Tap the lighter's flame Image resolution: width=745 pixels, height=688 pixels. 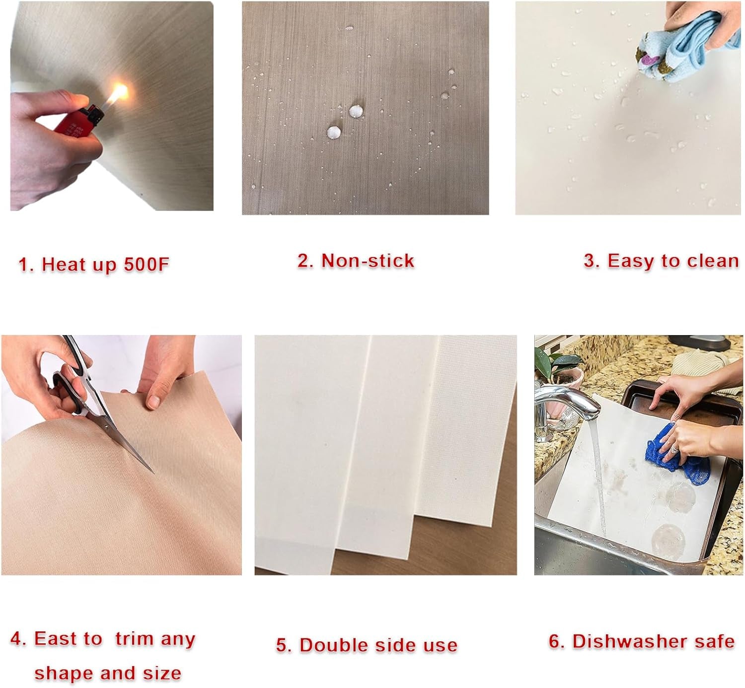click(x=119, y=94)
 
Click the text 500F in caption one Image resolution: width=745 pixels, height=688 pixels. click(x=147, y=264)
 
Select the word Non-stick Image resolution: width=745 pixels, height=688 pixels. click(x=368, y=261)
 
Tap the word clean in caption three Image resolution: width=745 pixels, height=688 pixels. click(x=714, y=261)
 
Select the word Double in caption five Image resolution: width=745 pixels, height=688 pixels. click(x=333, y=645)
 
